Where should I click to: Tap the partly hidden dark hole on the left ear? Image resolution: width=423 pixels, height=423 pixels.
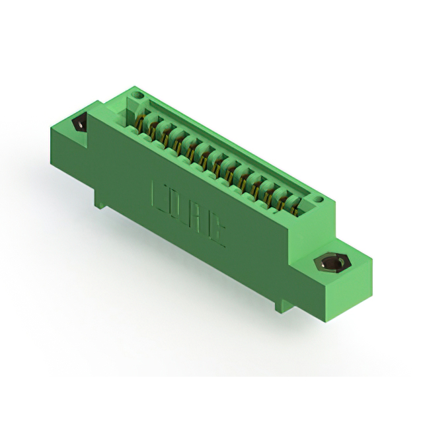pyautogui.click(x=81, y=124)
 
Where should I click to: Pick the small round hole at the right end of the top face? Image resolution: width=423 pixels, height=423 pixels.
pyautogui.click(x=319, y=198)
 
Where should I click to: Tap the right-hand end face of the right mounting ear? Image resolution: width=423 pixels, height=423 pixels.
pyautogui.click(x=362, y=278)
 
